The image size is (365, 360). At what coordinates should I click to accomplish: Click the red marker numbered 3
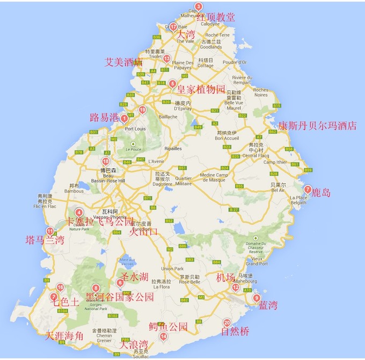click(198, 7)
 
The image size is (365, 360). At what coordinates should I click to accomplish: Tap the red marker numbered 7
click(308, 189)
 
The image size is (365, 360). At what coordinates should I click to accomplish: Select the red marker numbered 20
click(227, 323)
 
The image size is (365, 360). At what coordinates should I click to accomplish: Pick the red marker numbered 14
click(163, 337)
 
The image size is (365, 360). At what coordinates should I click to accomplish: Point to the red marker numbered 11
click(50, 231)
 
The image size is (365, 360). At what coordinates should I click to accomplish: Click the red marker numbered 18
click(106, 161)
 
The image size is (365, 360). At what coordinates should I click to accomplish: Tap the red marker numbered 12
click(236, 288)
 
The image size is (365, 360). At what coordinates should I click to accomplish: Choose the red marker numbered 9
click(257, 298)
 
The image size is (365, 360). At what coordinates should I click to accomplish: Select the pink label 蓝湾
click(268, 305)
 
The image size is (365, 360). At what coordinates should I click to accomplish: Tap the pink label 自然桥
click(236, 332)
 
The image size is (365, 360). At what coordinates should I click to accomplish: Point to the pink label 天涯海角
click(64, 336)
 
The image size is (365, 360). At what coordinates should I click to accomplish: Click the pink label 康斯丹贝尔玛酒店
click(317, 126)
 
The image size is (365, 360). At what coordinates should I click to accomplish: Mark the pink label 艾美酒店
click(123, 62)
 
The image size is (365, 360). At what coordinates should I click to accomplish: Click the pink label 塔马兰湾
click(45, 240)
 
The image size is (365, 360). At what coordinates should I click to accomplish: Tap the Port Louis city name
click(136, 129)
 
